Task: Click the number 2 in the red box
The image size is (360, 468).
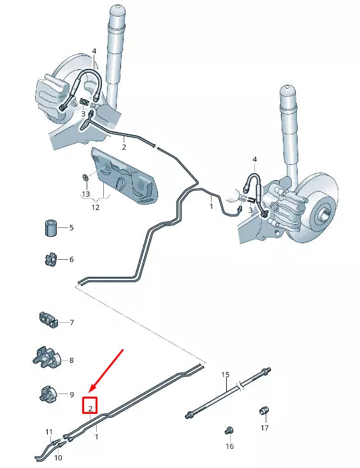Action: point(90,408)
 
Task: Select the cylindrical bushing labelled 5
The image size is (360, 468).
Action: point(50,227)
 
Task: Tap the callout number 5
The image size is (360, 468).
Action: point(71,228)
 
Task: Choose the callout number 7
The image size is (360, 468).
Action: point(71,323)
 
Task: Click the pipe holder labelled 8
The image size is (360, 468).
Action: point(46,358)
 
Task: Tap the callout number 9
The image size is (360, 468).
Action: point(71,395)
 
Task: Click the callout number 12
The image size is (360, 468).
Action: point(96,206)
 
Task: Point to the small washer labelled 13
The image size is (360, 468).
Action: point(85,176)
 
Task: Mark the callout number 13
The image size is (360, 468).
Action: point(86,194)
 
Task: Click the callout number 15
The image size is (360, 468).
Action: point(225,375)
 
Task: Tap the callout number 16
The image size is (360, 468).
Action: point(230,447)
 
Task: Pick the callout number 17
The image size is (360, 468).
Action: point(264,428)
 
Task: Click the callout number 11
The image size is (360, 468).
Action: point(49,432)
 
